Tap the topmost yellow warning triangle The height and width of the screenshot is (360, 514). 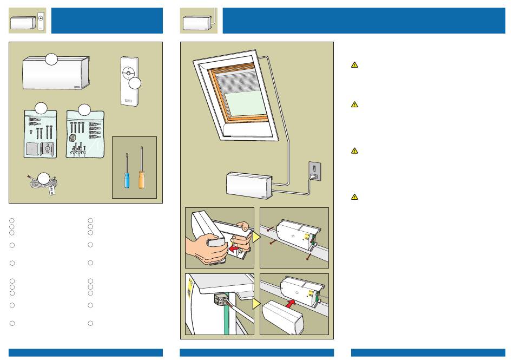pos(354,65)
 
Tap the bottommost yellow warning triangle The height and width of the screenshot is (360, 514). pos(354,197)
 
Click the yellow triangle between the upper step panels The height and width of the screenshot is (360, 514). pos(256,237)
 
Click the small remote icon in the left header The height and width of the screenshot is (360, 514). pos(41,21)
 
